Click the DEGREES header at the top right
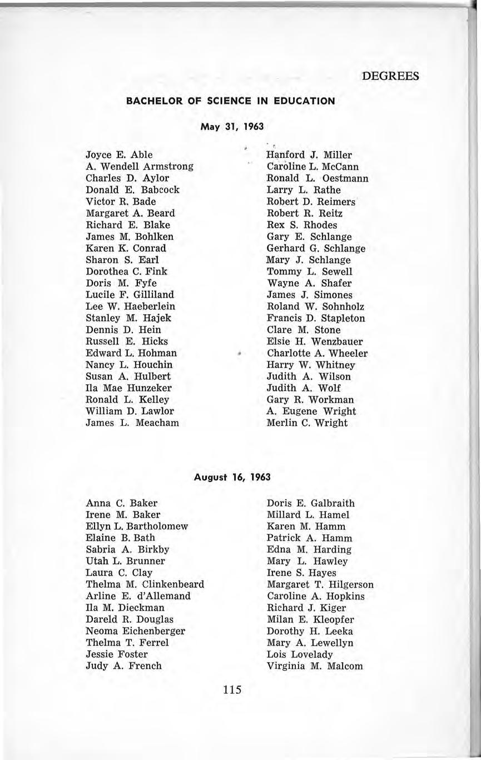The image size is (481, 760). pos(390,76)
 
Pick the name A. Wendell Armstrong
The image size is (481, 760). pos(140,166)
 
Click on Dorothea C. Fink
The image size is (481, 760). pos(126,271)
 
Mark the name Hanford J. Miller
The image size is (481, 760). pos(310,155)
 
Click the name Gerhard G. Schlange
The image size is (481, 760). pos(316,248)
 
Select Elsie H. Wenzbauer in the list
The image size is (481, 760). pos(315,341)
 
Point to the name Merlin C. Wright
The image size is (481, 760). pos(307,423)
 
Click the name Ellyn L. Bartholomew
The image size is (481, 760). pos(137,526)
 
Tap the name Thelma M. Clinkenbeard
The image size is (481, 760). pos(145,584)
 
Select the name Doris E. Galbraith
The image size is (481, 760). pos(310,503)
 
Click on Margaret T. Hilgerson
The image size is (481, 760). pos(320,584)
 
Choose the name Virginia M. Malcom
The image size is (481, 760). pos(315,665)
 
